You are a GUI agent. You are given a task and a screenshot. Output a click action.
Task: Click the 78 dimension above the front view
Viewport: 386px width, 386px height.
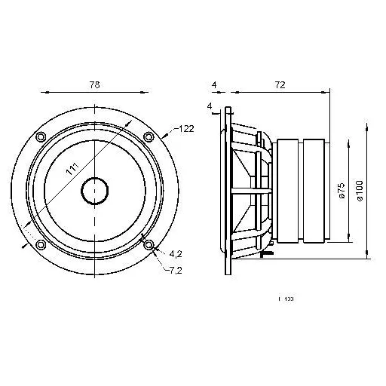[x=94, y=86]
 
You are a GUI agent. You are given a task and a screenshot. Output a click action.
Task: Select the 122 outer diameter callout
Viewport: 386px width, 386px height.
[x=186, y=130]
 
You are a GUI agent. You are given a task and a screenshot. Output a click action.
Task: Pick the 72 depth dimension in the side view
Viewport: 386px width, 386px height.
[x=279, y=86]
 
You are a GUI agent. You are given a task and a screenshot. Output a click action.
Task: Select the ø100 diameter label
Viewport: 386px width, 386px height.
[x=360, y=191]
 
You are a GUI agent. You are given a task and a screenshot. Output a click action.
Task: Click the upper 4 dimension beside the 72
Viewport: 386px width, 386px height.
[x=214, y=86]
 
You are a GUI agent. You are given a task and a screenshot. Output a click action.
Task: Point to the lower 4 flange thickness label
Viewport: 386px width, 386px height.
[x=207, y=106]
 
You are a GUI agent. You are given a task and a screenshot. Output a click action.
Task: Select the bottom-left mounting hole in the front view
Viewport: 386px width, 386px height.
[x=41, y=245]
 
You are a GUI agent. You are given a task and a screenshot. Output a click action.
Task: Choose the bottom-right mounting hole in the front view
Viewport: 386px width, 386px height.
[x=149, y=245]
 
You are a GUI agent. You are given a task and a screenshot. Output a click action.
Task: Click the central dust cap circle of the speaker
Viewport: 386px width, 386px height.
[x=94, y=190]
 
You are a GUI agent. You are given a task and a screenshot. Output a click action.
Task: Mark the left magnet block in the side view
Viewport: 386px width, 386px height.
[x=290, y=191]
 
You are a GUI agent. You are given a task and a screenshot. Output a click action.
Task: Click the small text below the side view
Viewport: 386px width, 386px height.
[x=286, y=299]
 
